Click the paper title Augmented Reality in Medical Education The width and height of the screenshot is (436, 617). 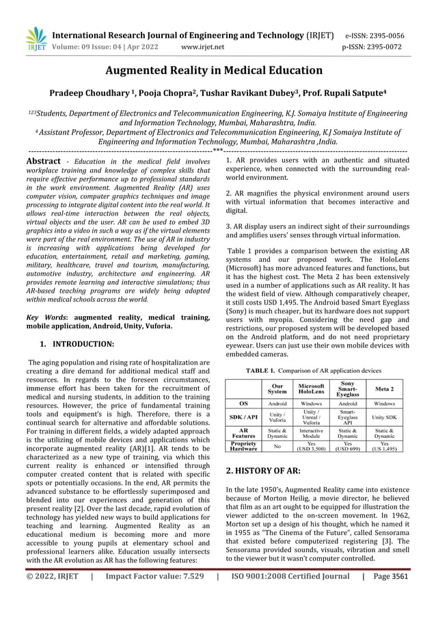[217, 70]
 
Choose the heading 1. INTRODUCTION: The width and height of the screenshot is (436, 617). [76, 342]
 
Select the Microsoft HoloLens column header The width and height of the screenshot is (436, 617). [312, 389]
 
